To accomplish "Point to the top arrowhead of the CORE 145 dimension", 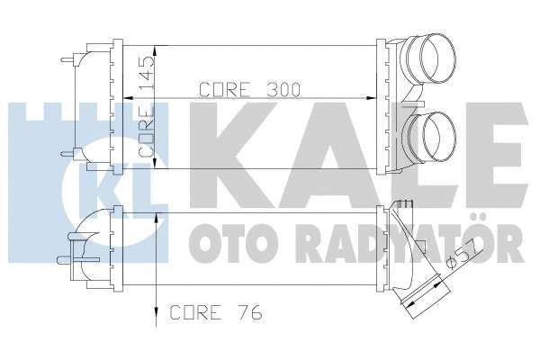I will tap(157, 42).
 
